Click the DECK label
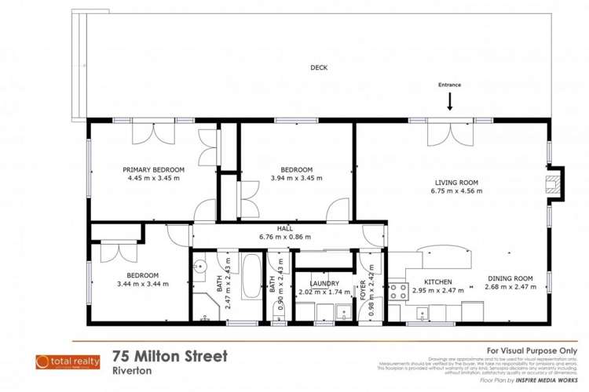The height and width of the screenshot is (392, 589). coord(318,68)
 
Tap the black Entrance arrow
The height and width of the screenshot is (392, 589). coord(450,100)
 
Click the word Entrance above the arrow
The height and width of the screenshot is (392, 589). coord(450,85)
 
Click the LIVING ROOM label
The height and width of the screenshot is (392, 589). coord(457,182)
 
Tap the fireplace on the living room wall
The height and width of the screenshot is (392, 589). coord(554,185)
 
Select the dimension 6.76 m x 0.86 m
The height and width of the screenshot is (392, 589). coord(284,237)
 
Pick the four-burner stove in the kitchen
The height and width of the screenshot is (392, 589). coord(397,292)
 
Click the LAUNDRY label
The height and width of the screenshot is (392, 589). coord(324,283)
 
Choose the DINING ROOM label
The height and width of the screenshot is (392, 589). coord(510,278)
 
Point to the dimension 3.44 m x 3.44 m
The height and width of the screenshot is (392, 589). coord(138,284)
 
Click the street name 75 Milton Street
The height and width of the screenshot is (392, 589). coord(170,357)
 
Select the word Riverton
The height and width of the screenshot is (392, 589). coord(130,371)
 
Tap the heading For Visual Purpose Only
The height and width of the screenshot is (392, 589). coord(532,350)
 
